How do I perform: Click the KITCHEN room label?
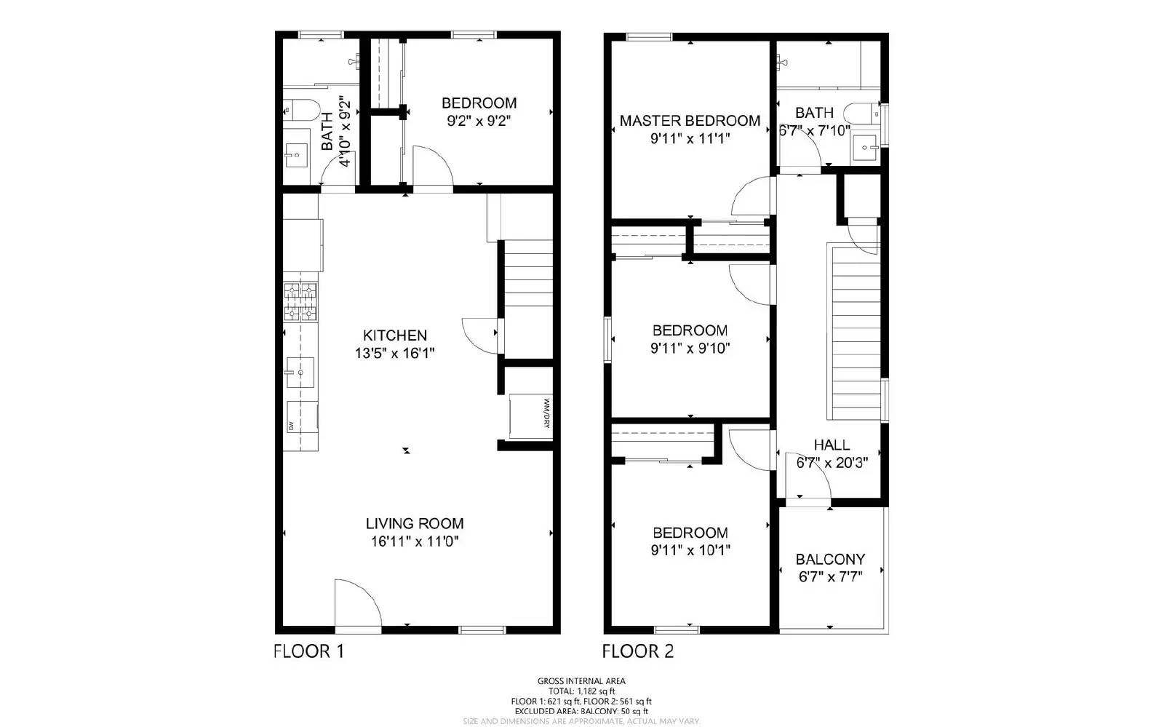[x=394, y=335]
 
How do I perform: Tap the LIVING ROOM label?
[x=414, y=523]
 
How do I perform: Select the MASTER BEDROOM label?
[x=690, y=121]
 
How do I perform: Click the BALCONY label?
[x=830, y=560]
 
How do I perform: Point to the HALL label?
[x=831, y=445]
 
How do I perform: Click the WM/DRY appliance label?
[x=546, y=413]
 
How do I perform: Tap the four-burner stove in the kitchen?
[x=301, y=302]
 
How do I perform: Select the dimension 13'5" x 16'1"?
[x=394, y=354]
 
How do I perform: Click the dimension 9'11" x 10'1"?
[x=690, y=550]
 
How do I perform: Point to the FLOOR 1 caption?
[x=308, y=651]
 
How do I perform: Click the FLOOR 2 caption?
[x=637, y=651]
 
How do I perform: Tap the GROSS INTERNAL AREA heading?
[x=581, y=681]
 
